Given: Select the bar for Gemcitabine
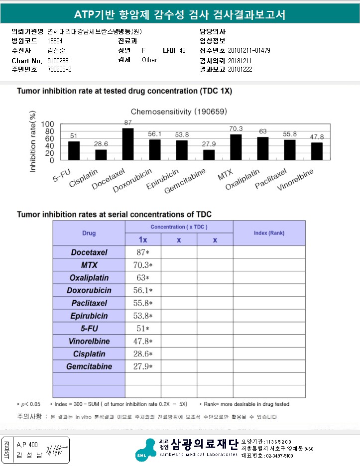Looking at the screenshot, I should (x=209, y=154).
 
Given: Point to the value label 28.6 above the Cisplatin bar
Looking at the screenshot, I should (x=101, y=144).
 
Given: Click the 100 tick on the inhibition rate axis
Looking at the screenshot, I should (x=48, y=124).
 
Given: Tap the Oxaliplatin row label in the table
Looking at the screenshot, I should (x=89, y=277).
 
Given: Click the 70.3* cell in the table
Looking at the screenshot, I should (x=143, y=265).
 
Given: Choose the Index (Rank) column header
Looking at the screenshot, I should (x=269, y=233).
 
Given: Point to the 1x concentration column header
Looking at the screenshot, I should (x=143, y=239).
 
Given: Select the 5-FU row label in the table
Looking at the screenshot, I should (x=89, y=329).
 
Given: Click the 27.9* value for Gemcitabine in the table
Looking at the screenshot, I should (x=143, y=367).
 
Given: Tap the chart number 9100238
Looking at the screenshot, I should (x=58, y=61).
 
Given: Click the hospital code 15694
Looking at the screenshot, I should (x=55, y=41).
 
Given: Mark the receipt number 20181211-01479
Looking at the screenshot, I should (x=249, y=50).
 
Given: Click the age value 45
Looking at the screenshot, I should (x=182, y=50).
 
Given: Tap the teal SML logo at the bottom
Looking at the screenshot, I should (x=145, y=450).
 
